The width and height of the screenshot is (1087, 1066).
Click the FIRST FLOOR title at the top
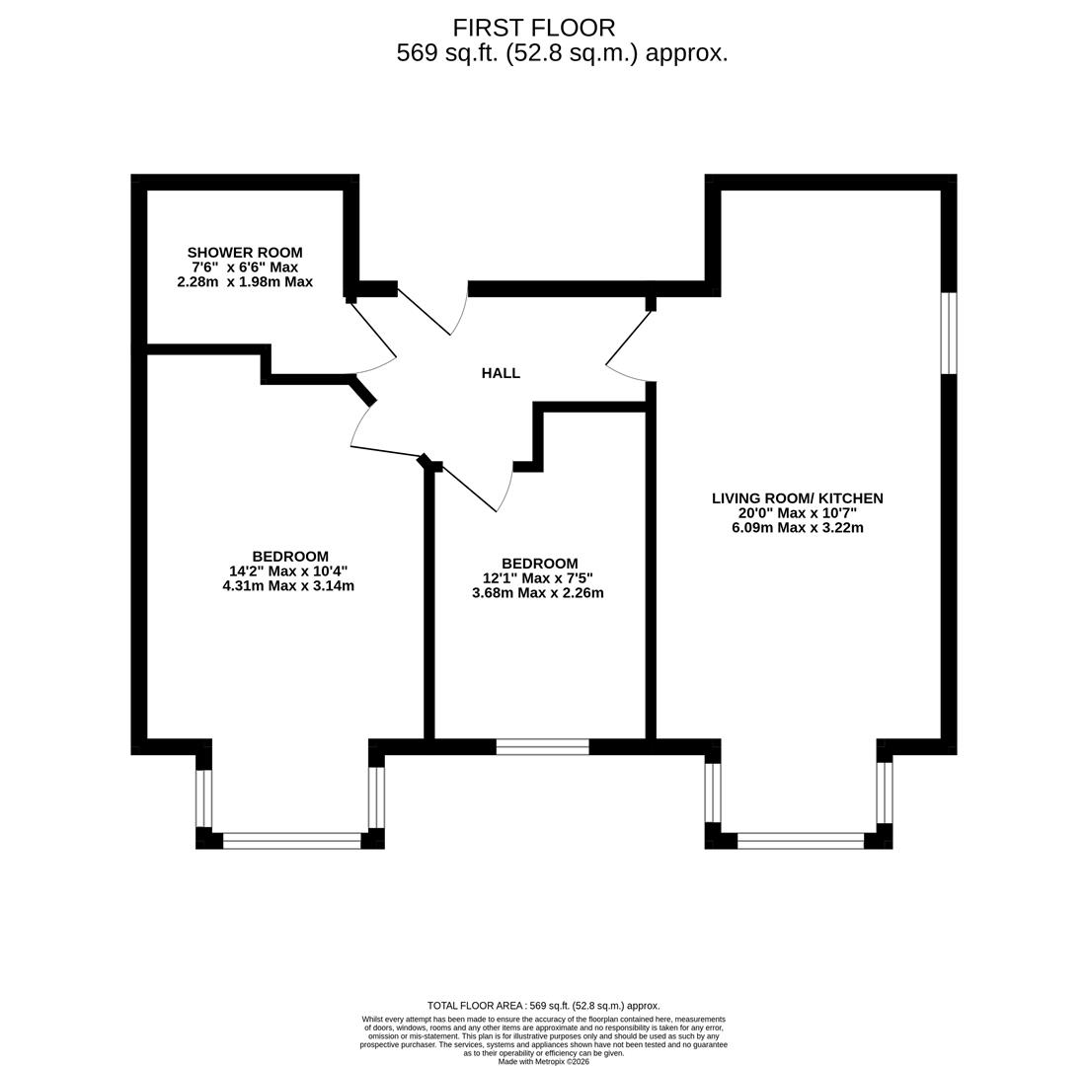[533, 28]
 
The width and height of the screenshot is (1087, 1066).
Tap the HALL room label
[501, 373]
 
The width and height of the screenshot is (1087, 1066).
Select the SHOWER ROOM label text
[245, 253]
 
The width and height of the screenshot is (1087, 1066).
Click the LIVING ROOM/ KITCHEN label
[797, 498]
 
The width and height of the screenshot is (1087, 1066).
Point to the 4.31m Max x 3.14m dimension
[288, 585]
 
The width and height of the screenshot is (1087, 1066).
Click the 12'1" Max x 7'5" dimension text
[538, 578]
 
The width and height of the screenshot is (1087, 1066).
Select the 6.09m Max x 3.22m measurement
[797, 527]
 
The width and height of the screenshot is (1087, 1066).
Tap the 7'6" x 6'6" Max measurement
[245, 267]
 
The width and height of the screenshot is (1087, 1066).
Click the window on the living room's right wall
[948, 333]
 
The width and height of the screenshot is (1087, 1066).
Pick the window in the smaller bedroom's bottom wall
[542, 747]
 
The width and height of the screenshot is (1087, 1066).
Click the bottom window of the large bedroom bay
[291, 841]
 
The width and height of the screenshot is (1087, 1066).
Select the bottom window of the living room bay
[801, 841]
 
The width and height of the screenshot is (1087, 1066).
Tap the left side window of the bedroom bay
[203, 798]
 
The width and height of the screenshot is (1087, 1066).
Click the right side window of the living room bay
[885, 792]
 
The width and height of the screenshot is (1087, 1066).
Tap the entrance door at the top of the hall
[430, 311]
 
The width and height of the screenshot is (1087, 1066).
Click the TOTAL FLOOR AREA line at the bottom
[543, 1006]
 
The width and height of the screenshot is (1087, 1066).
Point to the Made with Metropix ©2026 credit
[543, 1061]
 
